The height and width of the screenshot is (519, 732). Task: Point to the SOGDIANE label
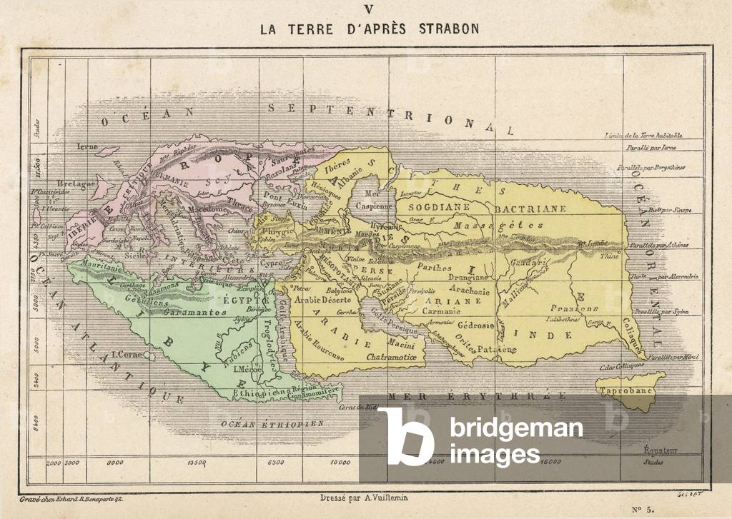[x=441, y=208]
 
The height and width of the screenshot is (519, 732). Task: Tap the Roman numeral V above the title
[x=369, y=9]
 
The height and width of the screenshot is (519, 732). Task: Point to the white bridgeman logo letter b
[x=406, y=436]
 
